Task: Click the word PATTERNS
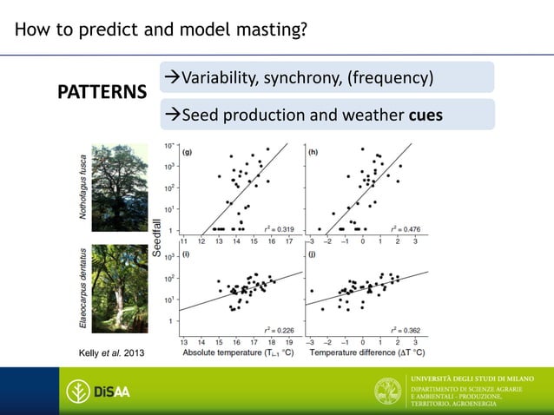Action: coord(102,92)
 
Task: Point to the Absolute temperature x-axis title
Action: coord(237,352)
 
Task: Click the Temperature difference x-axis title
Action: coord(367,352)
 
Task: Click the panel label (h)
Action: coord(313,151)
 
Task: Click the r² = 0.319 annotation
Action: coord(278,227)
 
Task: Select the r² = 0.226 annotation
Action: coord(278,330)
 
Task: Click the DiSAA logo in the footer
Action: coord(99,392)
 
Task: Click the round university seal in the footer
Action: coord(387,392)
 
